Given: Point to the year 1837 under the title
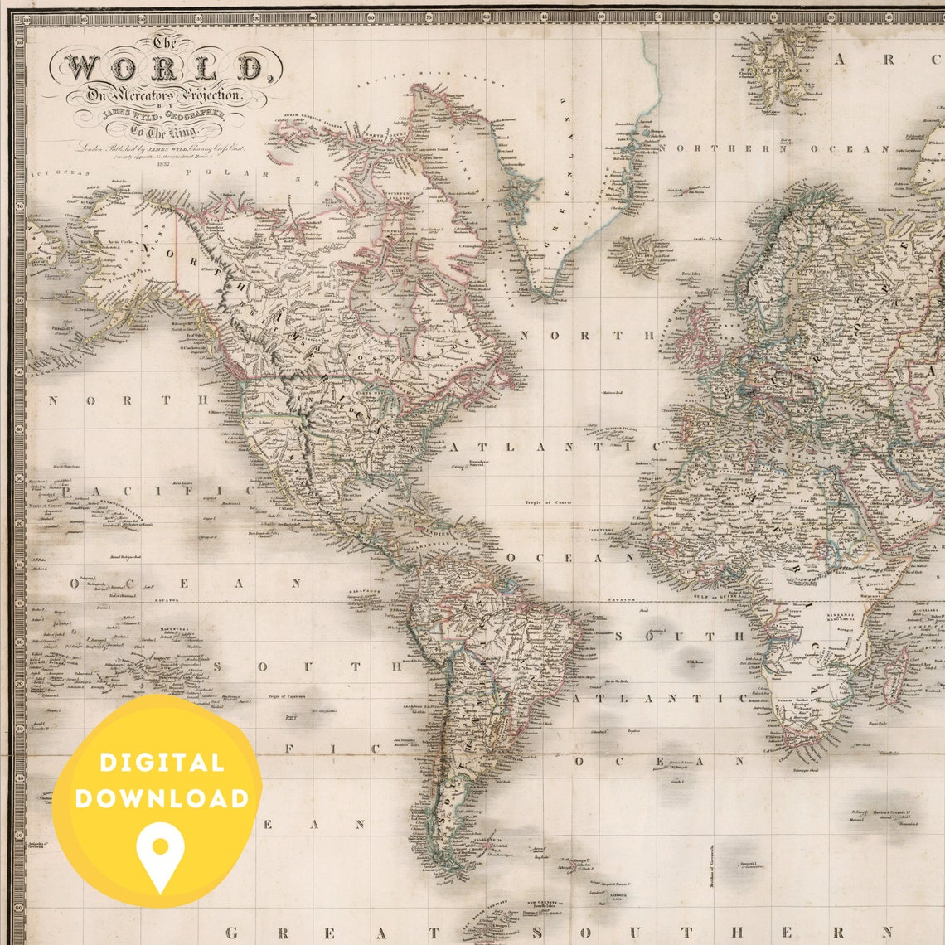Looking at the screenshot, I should pyautogui.click(x=163, y=164).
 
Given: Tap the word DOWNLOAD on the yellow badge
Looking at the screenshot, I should pyautogui.click(x=161, y=799).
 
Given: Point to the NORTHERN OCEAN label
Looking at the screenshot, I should pyautogui.click(x=775, y=148).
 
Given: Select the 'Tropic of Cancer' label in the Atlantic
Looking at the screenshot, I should pyautogui.click(x=547, y=502).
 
